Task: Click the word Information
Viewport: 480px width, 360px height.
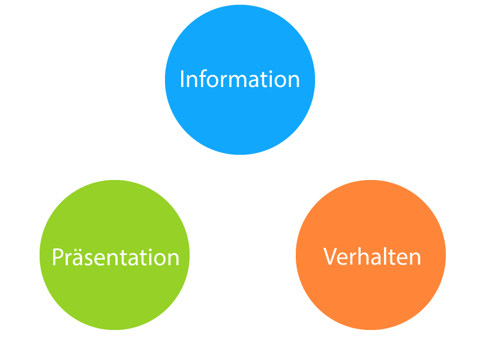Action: (239, 79)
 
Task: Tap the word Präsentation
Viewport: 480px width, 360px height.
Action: (115, 257)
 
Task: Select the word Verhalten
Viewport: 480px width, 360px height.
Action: (372, 257)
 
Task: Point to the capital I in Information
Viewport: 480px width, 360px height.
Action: (182, 79)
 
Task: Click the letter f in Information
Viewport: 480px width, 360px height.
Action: (202, 79)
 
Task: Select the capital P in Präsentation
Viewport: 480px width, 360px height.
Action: (58, 257)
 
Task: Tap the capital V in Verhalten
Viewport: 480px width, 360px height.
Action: (331, 257)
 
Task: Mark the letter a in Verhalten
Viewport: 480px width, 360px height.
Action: (376, 259)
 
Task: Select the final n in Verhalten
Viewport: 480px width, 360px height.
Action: (415, 259)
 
